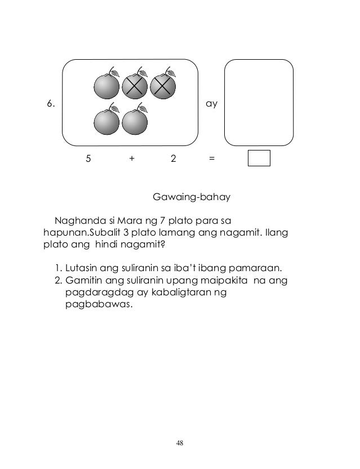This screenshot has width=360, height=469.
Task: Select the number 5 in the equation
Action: [x=88, y=159]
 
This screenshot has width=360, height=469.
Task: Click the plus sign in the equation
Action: [x=132, y=159]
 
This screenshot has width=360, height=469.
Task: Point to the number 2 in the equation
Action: [x=173, y=159]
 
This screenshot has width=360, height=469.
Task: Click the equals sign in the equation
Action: [x=211, y=159]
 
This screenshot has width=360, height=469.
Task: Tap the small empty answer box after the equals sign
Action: [x=259, y=158]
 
